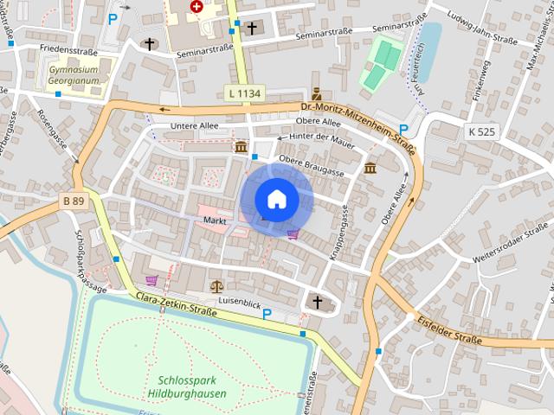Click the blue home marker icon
click(x=277, y=200)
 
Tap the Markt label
click(x=215, y=220)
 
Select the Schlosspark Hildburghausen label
click(x=192, y=386)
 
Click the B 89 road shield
click(x=73, y=201)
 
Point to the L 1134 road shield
click(x=245, y=93)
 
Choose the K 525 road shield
click(x=481, y=131)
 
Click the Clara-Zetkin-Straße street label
click(x=177, y=303)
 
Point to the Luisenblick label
click(x=241, y=303)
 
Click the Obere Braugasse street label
click(x=312, y=166)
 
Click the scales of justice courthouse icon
click(x=216, y=286)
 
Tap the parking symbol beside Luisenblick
click(x=267, y=315)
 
